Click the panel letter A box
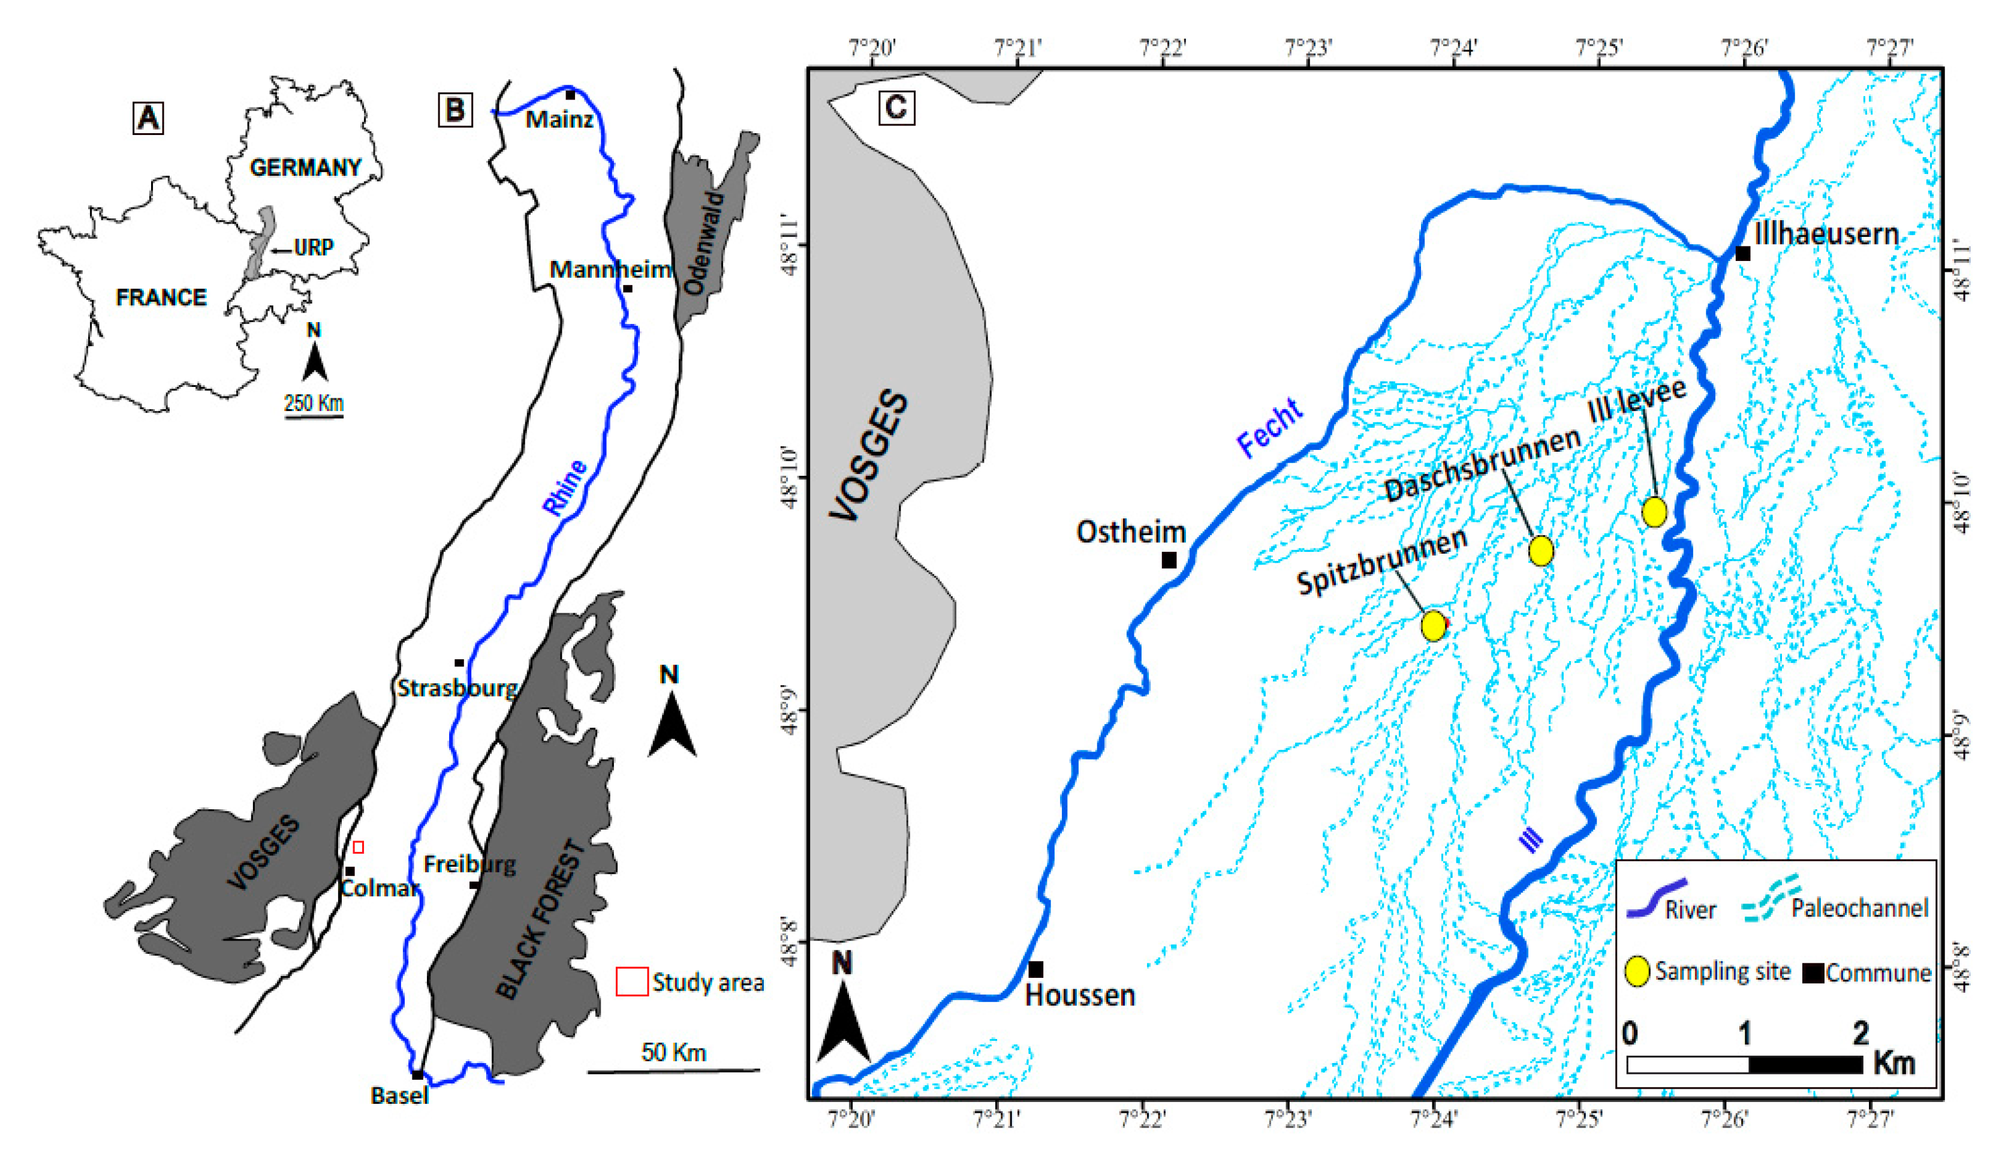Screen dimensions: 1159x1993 coord(148,119)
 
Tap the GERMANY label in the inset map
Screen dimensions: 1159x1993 coord(305,168)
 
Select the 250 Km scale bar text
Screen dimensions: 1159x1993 coord(314,403)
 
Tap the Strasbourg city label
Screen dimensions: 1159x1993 coord(457,688)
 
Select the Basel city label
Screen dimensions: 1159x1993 coord(399,1095)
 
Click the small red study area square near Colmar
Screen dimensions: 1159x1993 coord(359,847)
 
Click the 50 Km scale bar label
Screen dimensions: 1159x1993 coord(673,1052)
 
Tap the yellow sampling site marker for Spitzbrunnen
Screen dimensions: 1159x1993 coord(1434,626)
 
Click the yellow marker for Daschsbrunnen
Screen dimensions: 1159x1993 coord(1541,551)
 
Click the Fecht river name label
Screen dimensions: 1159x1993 coord(1269,428)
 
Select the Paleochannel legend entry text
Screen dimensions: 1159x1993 coord(1859,908)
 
